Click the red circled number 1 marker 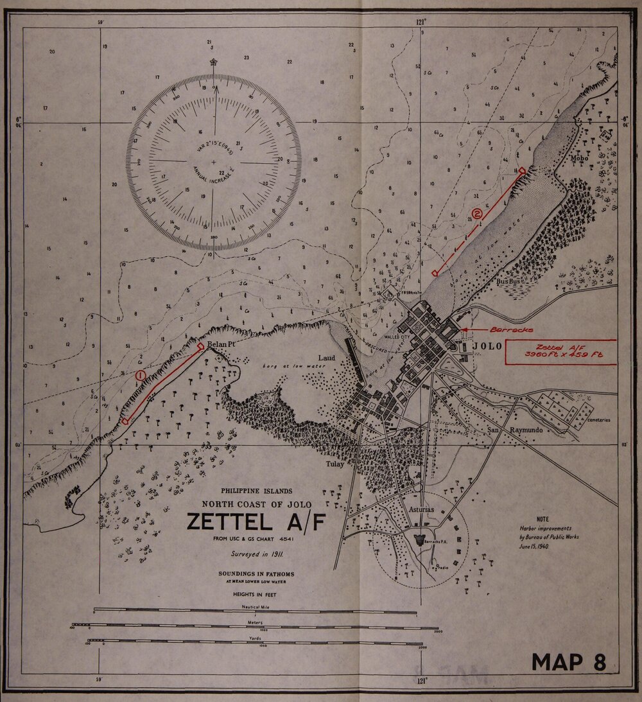(x=141, y=374)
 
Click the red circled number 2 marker (x=477, y=213)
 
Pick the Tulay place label (x=334, y=464)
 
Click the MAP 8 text (x=569, y=662)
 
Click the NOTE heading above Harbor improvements (x=543, y=518)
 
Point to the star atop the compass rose (x=213, y=63)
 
